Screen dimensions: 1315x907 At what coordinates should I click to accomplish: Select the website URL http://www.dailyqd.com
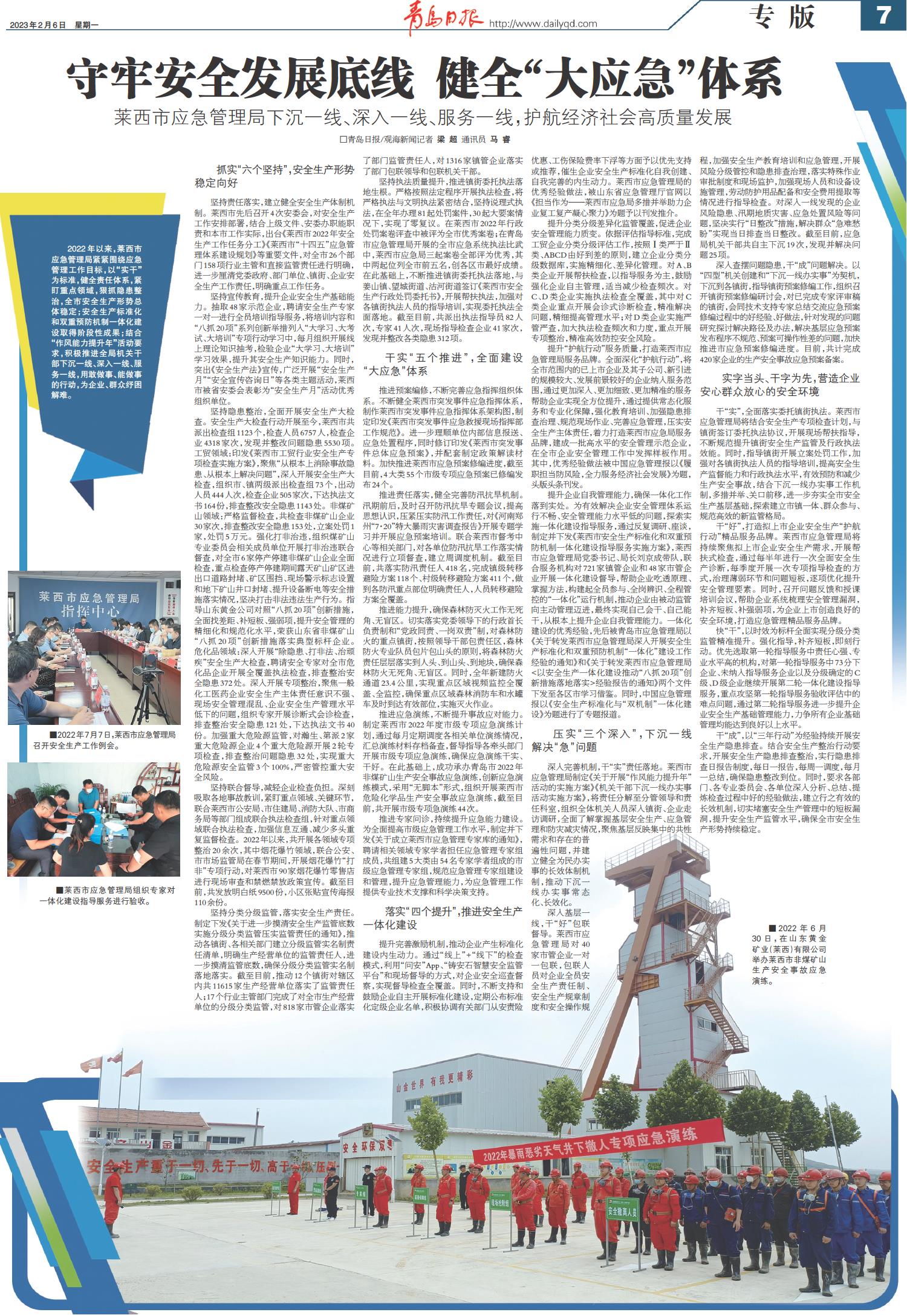[542, 24]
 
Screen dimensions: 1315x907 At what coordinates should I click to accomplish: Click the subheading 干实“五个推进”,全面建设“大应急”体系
[443, 364]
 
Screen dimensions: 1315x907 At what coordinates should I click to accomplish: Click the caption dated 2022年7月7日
[94, 740]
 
